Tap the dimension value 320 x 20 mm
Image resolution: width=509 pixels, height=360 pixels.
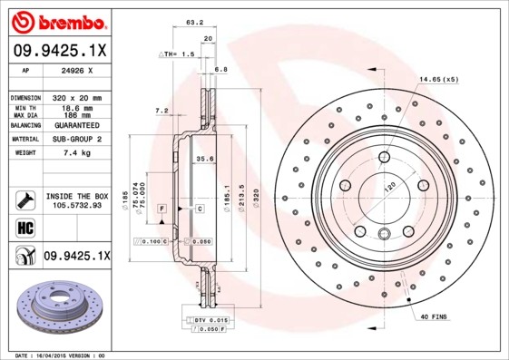point(77,97)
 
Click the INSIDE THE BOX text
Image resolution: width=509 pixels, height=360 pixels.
point(77,196)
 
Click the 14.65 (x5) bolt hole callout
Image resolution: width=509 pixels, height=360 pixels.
point(438,79)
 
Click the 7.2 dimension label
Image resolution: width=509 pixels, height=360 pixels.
point(162,111)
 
